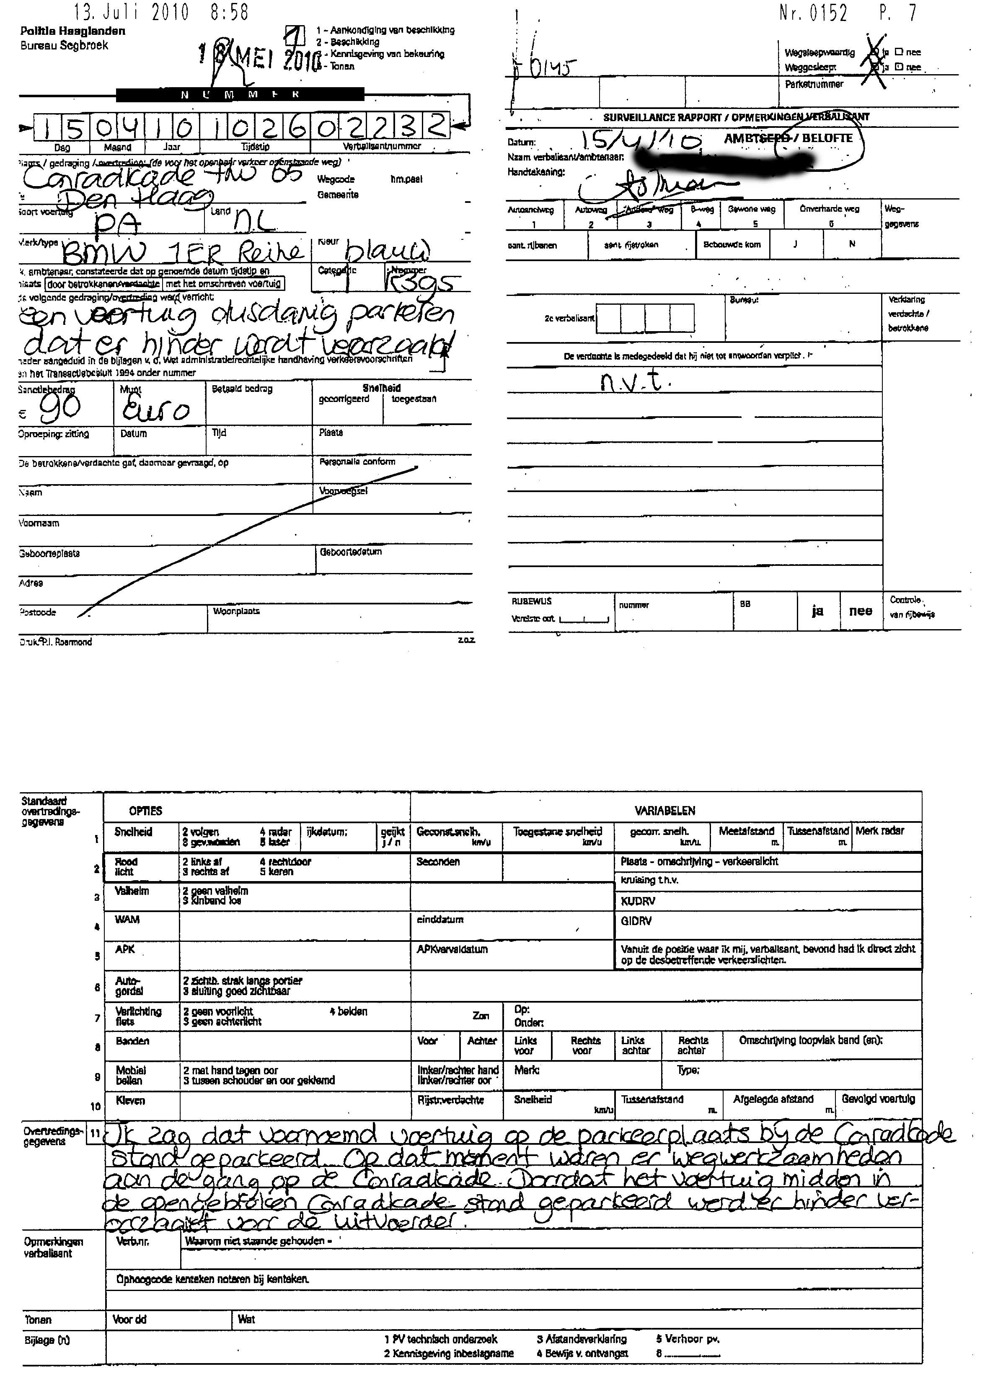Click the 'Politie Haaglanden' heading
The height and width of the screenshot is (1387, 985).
pyautogui.click(x=73, y=31)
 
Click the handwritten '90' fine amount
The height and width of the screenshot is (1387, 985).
pyautogui.click(x=59, y=408)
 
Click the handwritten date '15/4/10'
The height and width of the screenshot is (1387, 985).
pyautogui.click(x=640, y=141)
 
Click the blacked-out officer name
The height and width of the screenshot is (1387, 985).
pyautogui.click(x=722, y=158)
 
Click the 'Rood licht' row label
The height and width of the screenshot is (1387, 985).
pyautogui.click(x=126, y=866)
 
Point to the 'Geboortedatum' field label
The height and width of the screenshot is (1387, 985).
pyautogui.click(x=351, y=552)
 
